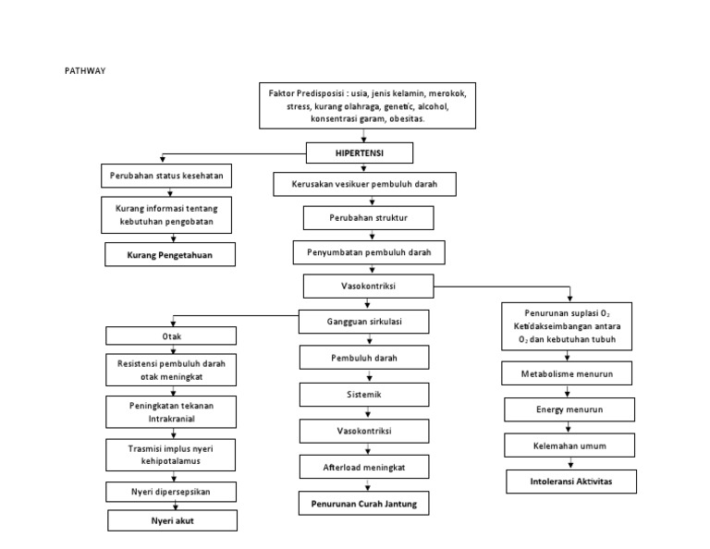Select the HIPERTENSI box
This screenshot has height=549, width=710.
pyautogui.click(x=361, y=152)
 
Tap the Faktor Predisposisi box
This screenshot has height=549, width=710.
pyautogui.click(x=367, y=106)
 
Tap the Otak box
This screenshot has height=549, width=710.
pyautogui.click(x=171, y=336)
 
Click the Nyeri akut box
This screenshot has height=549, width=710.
pyautogui.click(x=172, y=521)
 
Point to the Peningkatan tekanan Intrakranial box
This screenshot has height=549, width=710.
pyautogui.click(x=172, y=409)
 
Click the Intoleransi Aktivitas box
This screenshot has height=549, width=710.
pyautogui.click(x=571, y=482)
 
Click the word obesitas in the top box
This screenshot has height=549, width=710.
pyautogui.click(x=428, y=119)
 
